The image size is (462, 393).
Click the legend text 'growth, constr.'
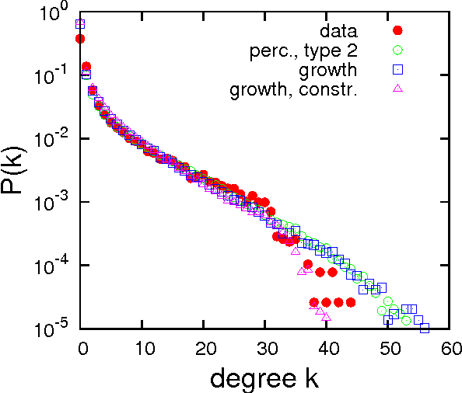tap(293, 90)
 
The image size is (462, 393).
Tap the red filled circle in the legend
tap(397, 31)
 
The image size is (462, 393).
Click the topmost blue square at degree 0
tap(80, 24)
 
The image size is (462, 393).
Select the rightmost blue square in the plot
tap(425, 328)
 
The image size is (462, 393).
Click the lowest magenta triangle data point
tap(326, 317)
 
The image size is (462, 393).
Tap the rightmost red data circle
tap(351, 302)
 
